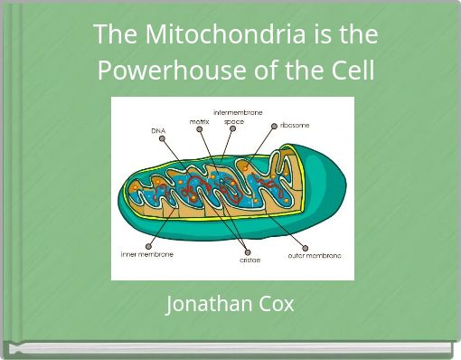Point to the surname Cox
pos(276,304)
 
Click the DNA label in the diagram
pos(158,131)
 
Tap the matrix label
pos(199,121)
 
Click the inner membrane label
pos(146,254)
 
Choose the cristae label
pos(249,261)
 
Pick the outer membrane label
pos(314,255)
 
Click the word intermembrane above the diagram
pos(238,112)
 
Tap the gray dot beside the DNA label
pos(162,138)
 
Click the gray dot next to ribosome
pos(275,126)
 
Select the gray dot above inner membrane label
pos(149,245)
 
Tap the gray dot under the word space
pos(232,129)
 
